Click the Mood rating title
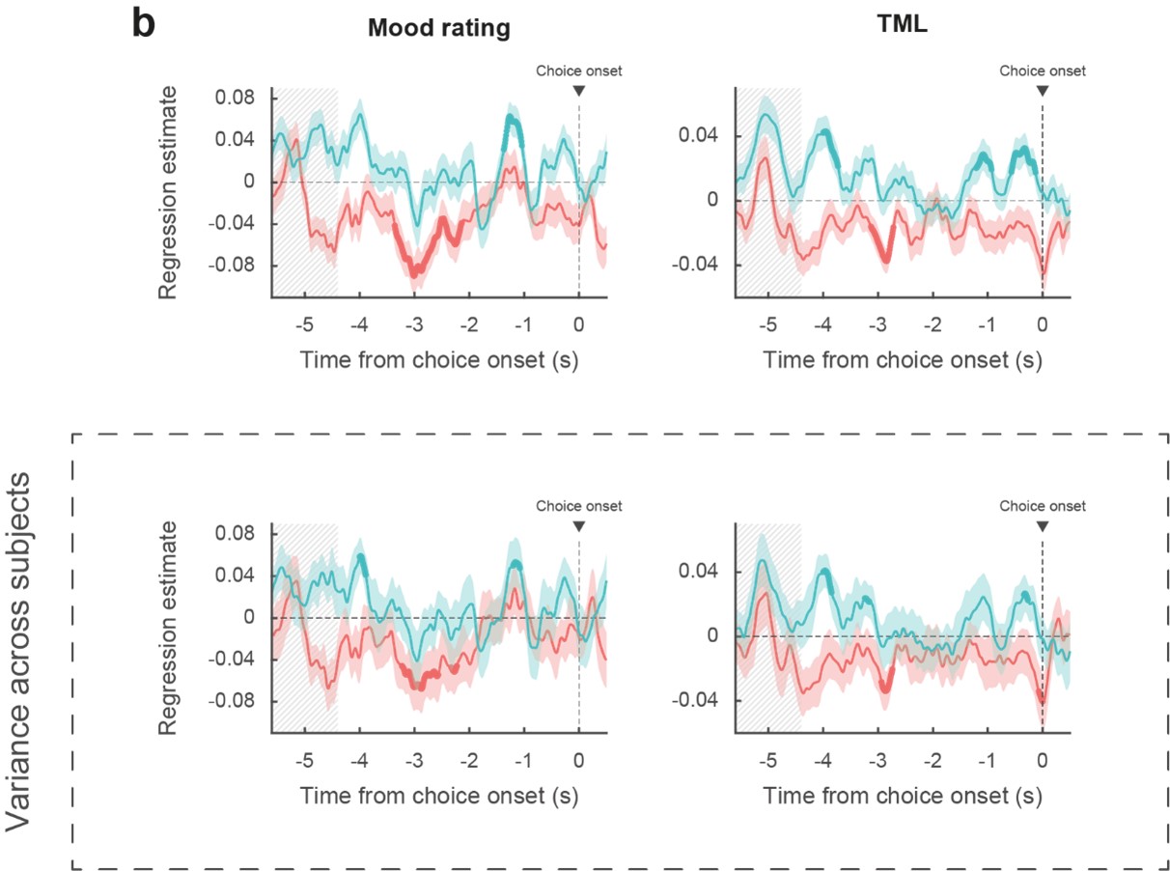pyautogui.click(x=438, y=29)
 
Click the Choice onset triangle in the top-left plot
pyautogui.click(x=578, y=91)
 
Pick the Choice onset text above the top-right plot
pyautogui.click(x=1042, y=70)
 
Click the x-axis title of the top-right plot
pyautogui.click(x=903, y=360)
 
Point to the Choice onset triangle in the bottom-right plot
pyautogui.click(x=1043, y=526)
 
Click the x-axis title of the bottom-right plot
pyautogui.click(x=903, y=796)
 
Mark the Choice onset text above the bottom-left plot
pyautogui.click(x=579, y=506)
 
